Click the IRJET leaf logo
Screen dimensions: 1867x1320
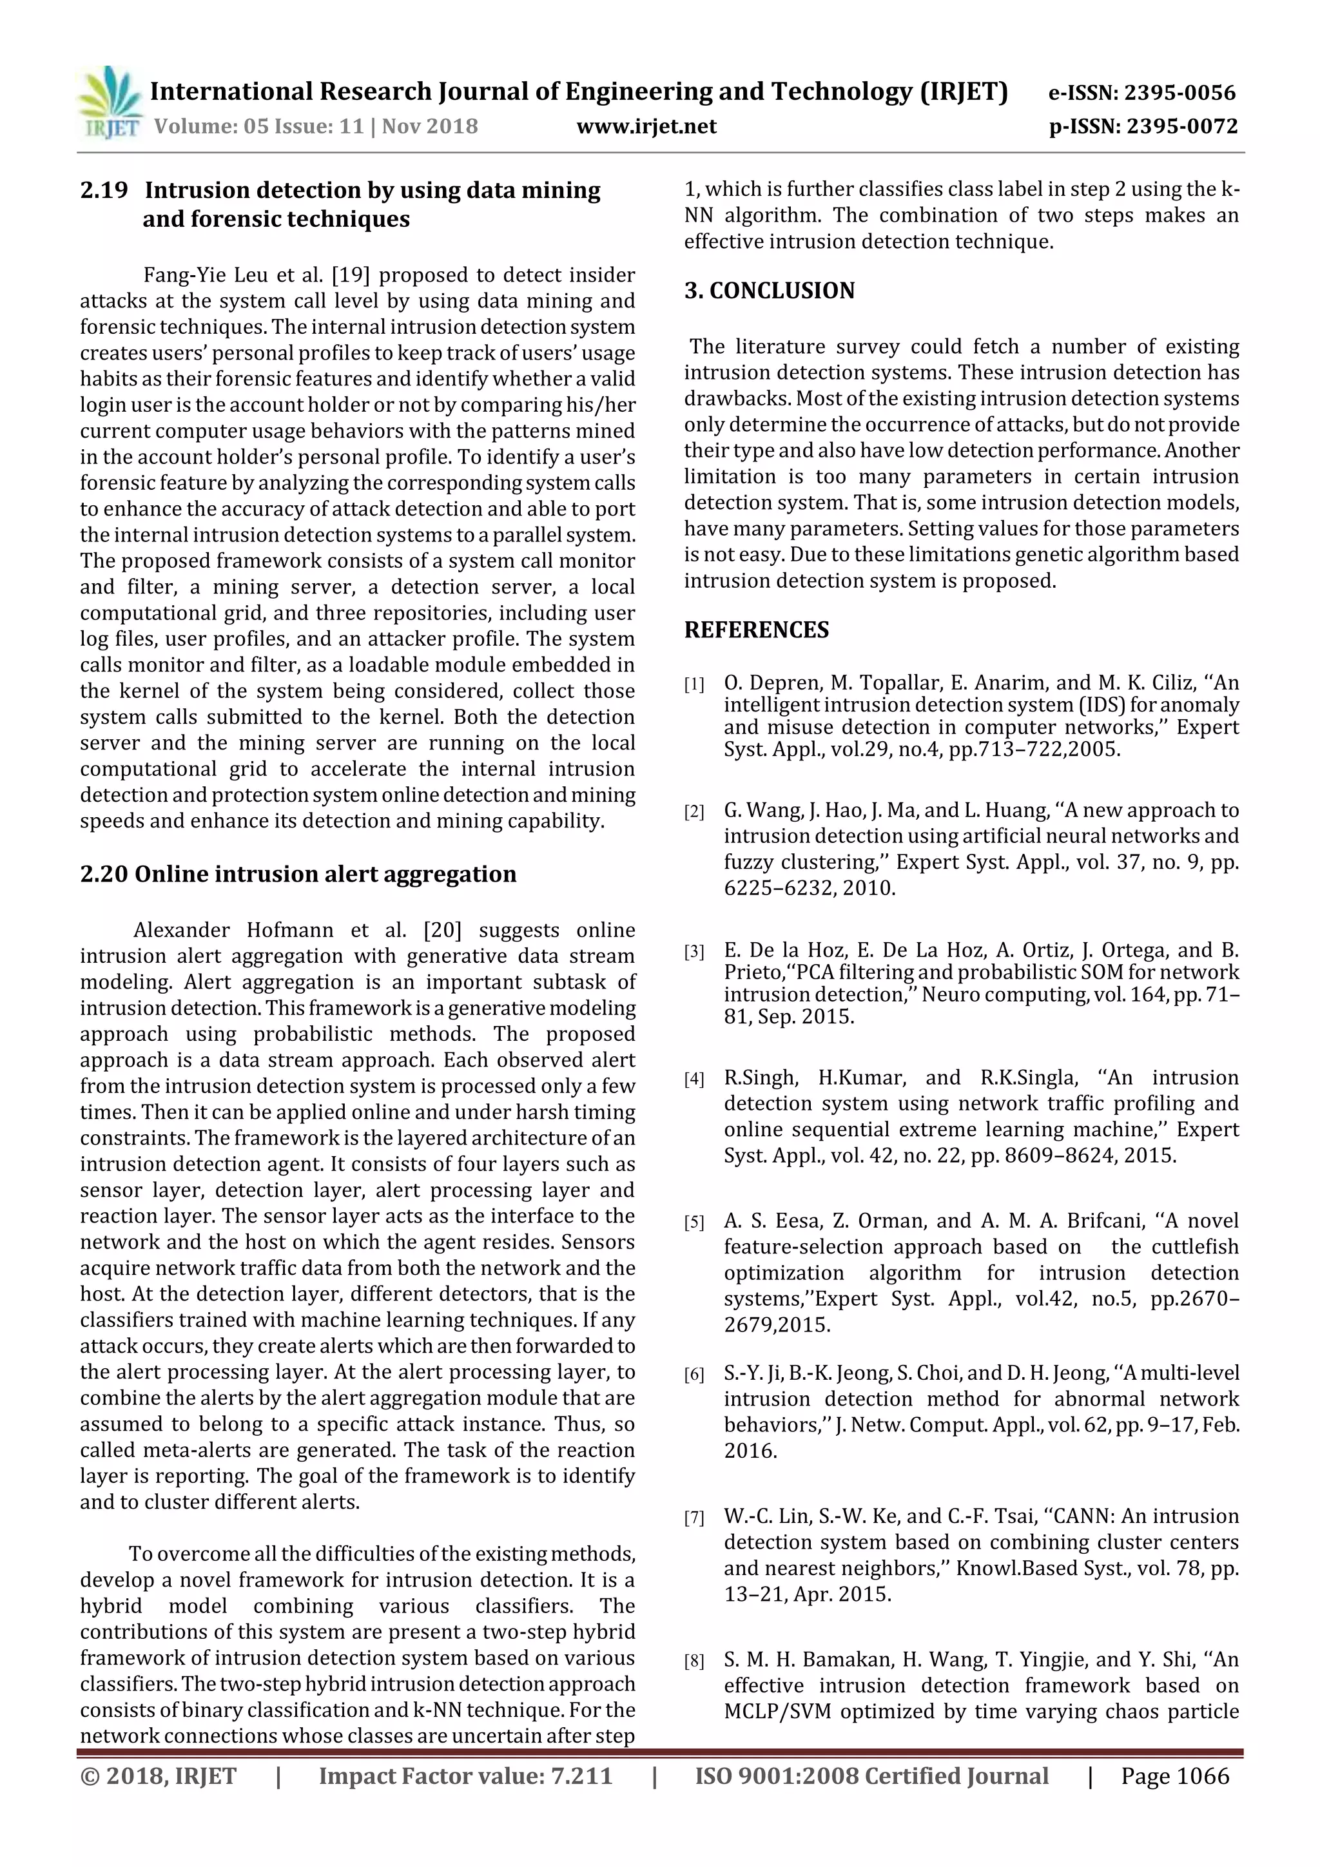coord(109,103)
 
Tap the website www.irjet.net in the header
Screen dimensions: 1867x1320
coord(646,127)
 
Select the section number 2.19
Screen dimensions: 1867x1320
coord(104,190)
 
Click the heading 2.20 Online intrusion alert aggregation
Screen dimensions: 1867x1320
coord(298,874)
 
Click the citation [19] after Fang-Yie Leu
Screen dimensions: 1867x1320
coord(351,275)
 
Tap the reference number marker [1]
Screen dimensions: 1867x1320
coord(694,684)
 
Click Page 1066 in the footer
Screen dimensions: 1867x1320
coord(1174,1776)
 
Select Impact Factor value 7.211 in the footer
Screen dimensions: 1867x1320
coord(465,1776)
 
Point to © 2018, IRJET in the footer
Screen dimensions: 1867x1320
coord(158,1776)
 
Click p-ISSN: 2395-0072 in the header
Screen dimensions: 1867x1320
coord(1143,127)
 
